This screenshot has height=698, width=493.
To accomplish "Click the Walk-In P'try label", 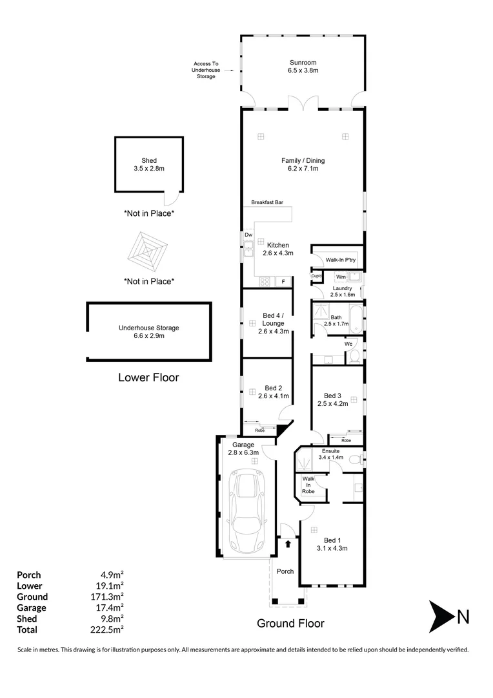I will click(341, 260).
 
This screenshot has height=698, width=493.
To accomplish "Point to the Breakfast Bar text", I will click(268, 202).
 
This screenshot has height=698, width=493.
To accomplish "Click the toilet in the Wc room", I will click(354, 355).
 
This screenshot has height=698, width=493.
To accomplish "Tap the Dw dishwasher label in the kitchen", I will click(248, 235).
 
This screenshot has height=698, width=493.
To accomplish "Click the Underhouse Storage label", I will click(149, 328).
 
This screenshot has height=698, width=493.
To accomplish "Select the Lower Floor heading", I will click(148, 377).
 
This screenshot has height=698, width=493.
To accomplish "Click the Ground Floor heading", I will click(290, 624).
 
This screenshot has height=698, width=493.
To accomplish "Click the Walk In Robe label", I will click(308, 485).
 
